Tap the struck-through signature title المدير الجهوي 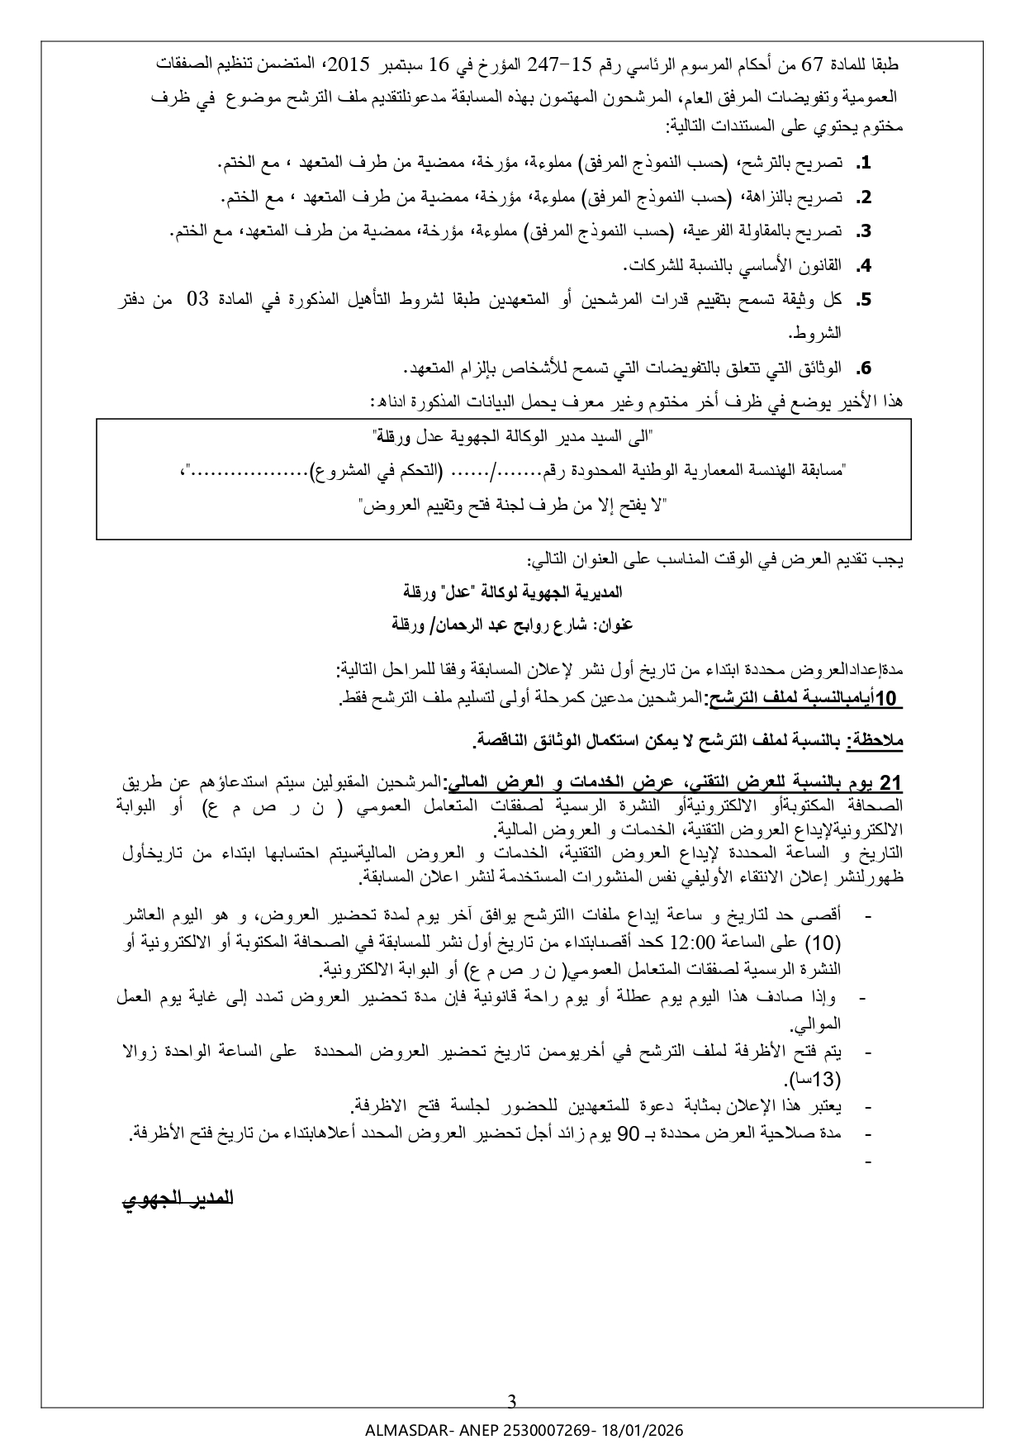click(x=178, y=1199)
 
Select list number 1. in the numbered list click(x=864, y=164)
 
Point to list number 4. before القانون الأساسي click(x=864, y=266)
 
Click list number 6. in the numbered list click(x=864, y=368)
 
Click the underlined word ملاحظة click(x=877, y=742)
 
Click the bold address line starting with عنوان click(x=512, y=625)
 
